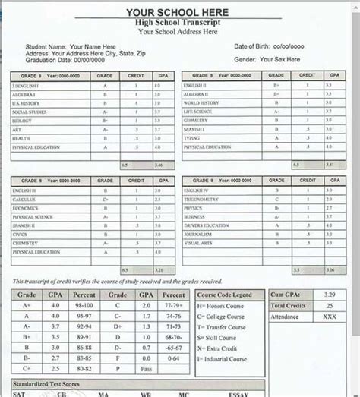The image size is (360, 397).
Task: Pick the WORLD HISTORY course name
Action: coord(201,103)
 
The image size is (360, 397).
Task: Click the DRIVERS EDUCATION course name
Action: coord(206,225)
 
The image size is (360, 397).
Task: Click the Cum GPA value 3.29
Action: coord(327,295)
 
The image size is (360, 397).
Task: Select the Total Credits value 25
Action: coord(327,305)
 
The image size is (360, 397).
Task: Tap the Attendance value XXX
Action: coord(327,316)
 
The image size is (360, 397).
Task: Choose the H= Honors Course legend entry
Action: coord(223,305)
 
